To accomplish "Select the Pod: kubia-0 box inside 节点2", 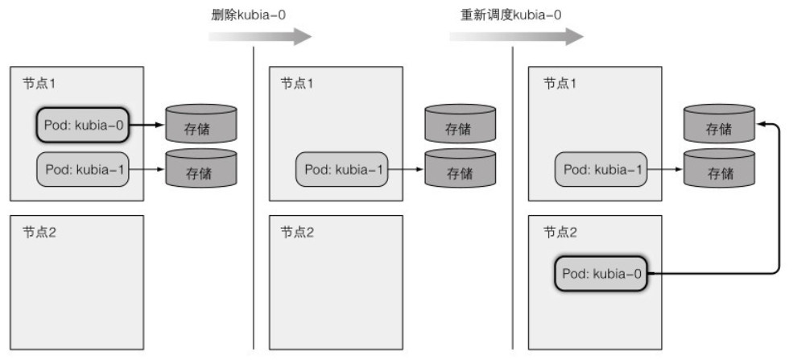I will tap(602, 275).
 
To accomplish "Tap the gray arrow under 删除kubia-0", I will tap(259, 36).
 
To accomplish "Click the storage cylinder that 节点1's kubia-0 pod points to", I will tap(201, 125).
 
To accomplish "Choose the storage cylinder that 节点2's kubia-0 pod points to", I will tap(719, 124).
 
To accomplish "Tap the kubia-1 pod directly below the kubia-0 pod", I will tap(82, 169).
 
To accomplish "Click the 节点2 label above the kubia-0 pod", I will tap(558, 232).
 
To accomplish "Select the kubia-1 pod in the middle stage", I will tap(341, 169).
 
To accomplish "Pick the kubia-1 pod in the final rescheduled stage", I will tap(601, 169).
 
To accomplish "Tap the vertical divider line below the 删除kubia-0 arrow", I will tap(254, 201).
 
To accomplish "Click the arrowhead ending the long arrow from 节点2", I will tap(761, 124).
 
